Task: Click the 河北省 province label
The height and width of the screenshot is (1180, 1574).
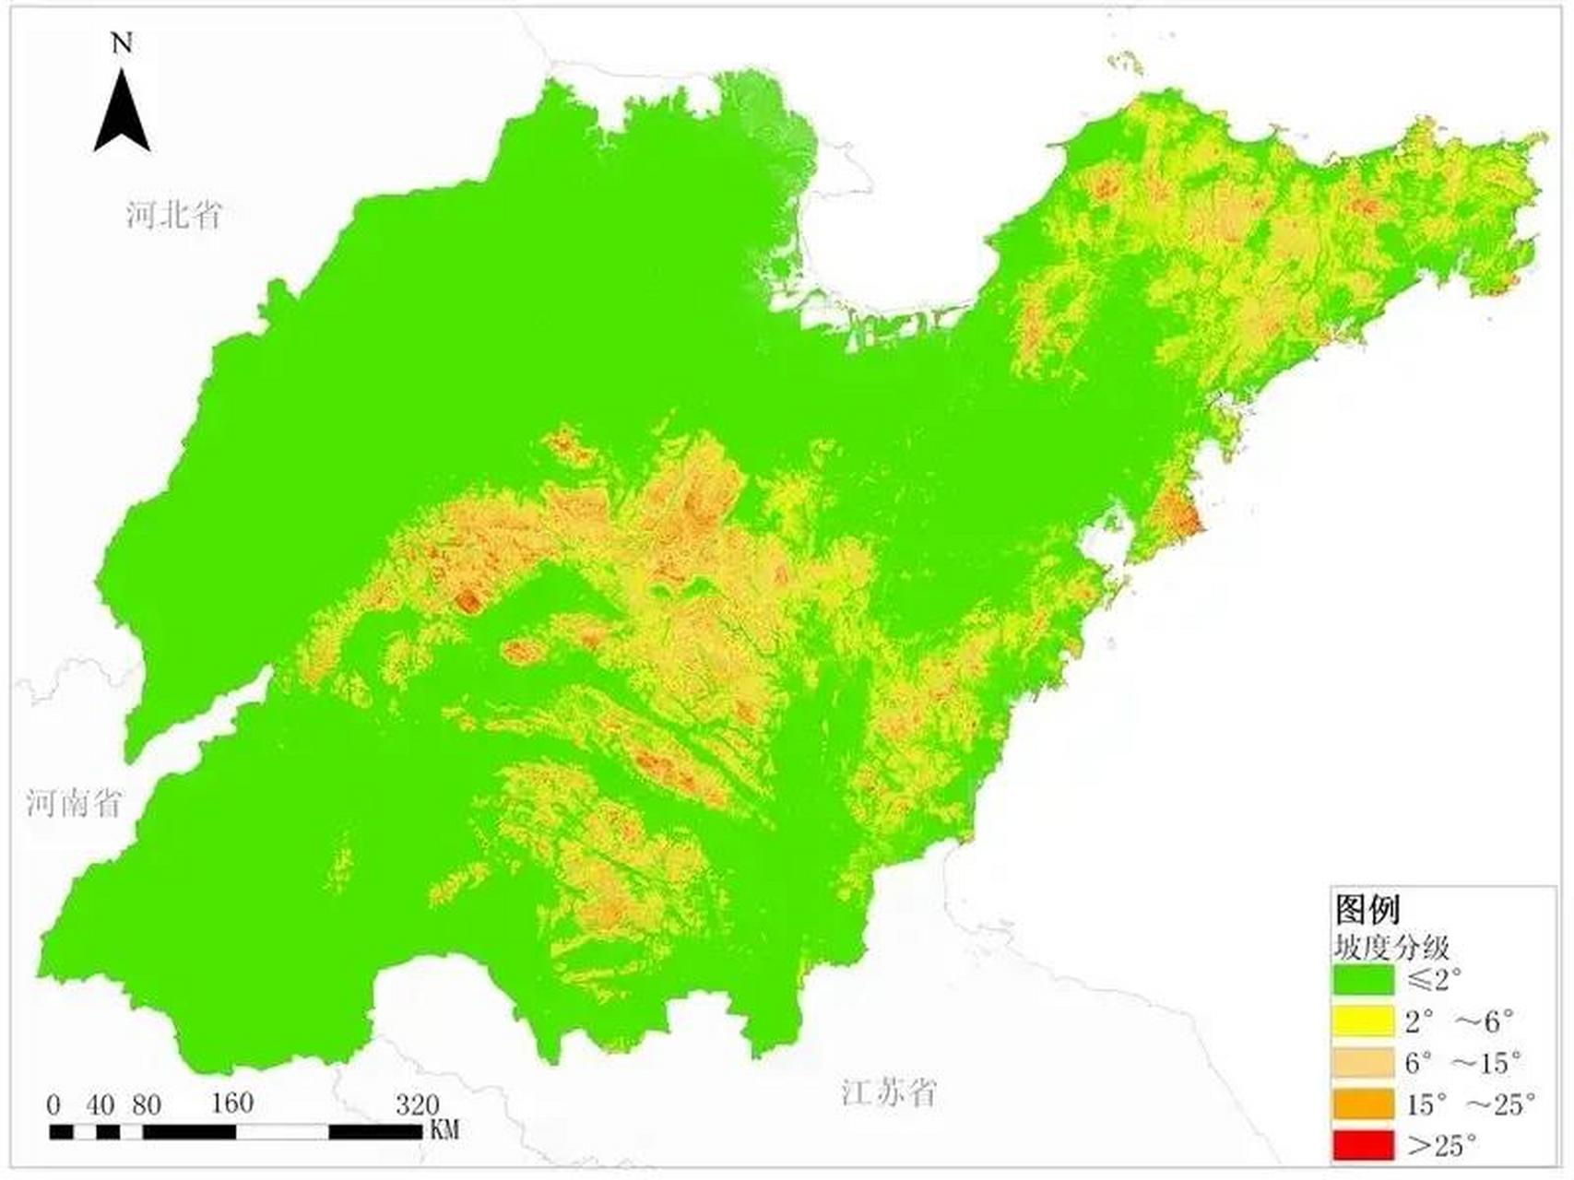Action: [174, 215]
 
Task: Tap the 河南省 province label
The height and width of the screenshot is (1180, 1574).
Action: [74, 802]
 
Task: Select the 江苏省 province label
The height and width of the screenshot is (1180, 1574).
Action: [889, 1092]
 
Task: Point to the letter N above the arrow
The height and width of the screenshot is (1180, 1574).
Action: [122, 43]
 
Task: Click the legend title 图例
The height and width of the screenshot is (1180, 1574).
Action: [1367, 909]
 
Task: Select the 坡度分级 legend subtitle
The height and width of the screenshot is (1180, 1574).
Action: [1391, 947]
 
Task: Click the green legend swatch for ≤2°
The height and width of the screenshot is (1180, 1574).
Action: [1363, 979]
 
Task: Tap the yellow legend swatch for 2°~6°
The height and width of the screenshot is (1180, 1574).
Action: [1363, 1021]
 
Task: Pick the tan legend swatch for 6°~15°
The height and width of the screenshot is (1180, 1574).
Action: [1363, 1062]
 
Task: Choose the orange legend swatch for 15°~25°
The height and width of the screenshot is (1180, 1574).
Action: [1363, 1103]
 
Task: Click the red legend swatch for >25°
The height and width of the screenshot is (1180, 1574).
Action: [1363, 1145]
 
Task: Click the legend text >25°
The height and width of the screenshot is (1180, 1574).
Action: [1442, 1145]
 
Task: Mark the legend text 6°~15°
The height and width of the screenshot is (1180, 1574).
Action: [1462, 1063]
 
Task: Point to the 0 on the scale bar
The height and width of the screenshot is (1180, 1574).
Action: [53, 1105]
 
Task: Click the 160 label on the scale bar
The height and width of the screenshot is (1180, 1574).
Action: [231, 1103]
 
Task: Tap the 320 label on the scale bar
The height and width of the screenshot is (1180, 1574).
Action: [417, 1104]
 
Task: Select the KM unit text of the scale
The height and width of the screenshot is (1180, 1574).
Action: [444, 1129]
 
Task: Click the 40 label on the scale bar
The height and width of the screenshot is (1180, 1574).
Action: [101, 1105]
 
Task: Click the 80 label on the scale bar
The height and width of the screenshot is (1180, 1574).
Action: [146, 1105]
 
